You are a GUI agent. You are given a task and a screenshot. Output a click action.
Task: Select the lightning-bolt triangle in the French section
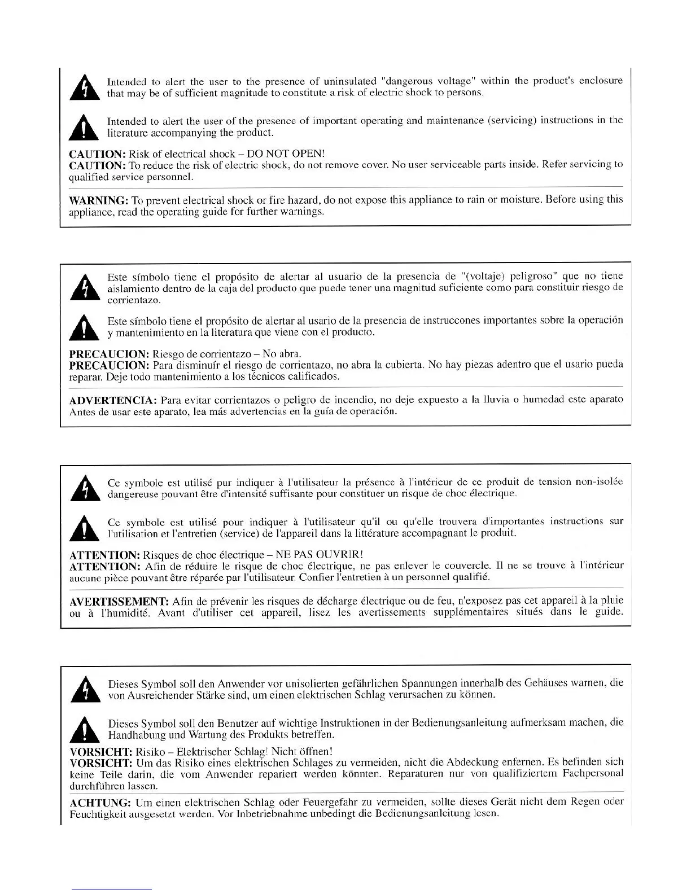(x=84, y=489)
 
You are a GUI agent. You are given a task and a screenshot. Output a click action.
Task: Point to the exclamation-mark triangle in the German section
(x=85, y=729)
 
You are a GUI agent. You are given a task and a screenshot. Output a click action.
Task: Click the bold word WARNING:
(x=98, y=200)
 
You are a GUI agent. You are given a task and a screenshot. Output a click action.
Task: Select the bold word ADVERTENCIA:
(x=112, y=400)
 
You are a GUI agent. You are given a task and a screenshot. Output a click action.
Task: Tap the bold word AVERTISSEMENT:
(x=119, y=601)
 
